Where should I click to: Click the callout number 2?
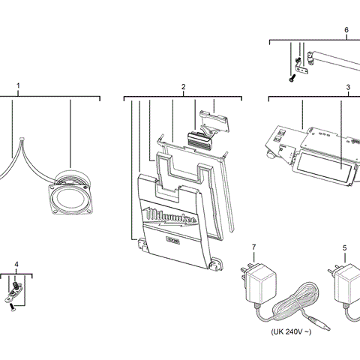click(183, 88)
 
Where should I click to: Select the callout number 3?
click(348, 88)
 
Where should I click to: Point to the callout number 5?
click(344, 247)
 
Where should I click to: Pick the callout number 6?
click(346, 30)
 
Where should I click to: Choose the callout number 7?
click(254, 247)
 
